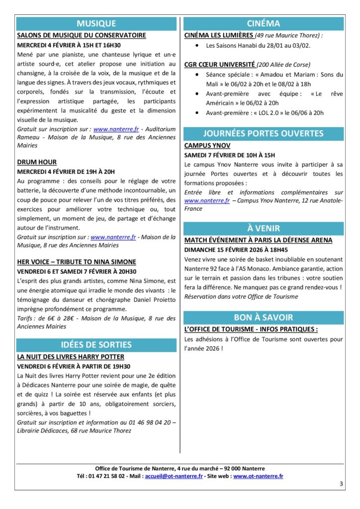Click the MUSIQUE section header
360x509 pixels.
(x=96, y=23)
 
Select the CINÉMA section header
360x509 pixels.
(x=263, y=23)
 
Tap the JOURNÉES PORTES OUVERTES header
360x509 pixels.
(x=263, y=133)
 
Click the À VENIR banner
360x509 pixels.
(x=263, y=228)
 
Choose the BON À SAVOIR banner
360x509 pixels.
(x=263, y=317)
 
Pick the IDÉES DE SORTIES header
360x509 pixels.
(x=96, y=344)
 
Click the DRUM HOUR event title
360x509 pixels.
(x=37, y=162)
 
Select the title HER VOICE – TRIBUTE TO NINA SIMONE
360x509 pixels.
(x=77, y=261)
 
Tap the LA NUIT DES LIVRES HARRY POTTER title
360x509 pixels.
(x=71, y=357)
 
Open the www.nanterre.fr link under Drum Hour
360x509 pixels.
(x=113, y=238)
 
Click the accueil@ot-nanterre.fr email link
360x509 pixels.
(x=174, y=476)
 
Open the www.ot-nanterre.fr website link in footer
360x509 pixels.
(x=258, y=476)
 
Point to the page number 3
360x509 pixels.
(x=341, y=484)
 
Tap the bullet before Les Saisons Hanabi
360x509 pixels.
(x=197, y=46)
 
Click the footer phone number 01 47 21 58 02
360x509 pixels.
(x=105, y=476)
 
